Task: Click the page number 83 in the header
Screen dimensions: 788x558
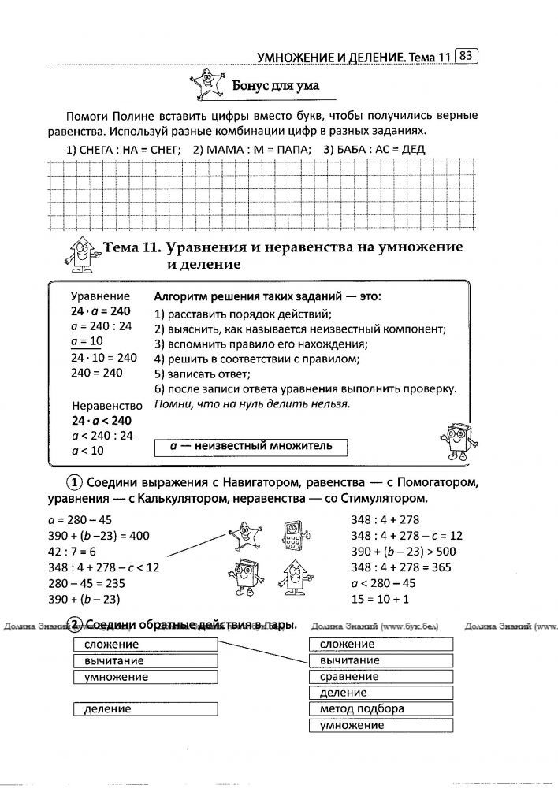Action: point(467,56)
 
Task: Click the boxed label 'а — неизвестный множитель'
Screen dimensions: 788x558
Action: point(251,446)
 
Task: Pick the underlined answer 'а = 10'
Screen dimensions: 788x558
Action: point(87,341)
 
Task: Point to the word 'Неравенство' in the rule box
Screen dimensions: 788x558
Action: point(106,406)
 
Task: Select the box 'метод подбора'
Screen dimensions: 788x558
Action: point(381,709)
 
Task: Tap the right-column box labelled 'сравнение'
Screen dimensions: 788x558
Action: point(381,676)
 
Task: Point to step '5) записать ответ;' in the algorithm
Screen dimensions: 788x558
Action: point(205,374)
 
